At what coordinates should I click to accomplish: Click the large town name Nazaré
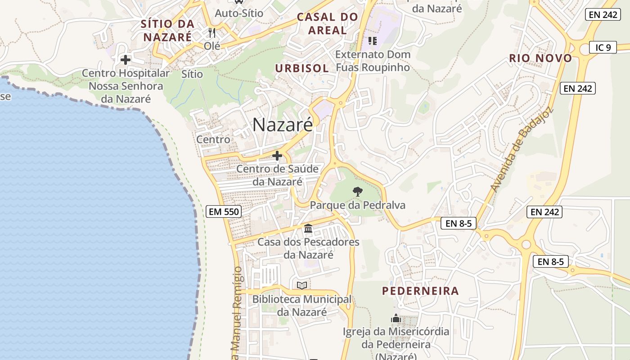point(282,125)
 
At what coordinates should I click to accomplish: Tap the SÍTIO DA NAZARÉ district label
point(167,30)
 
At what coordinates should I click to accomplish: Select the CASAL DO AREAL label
point(328,24)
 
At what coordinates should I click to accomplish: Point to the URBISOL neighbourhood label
point(302,68)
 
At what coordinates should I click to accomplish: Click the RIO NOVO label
point(540,58)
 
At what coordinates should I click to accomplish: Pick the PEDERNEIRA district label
point(420,291)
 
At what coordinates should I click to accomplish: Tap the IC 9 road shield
point(603,47)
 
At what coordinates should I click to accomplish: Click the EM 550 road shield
point(224,211)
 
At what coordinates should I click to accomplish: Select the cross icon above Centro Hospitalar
point(125,59)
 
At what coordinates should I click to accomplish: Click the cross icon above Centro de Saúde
point(277,156)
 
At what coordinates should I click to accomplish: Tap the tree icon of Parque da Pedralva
point(357,192)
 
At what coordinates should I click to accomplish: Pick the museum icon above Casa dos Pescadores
point(308,229)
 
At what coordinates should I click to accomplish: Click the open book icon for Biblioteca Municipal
point(301,285)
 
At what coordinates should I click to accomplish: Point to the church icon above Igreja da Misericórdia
point(396,318)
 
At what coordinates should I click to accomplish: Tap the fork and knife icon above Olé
point(212,32)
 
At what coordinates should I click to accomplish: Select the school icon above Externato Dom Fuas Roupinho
point(372,41)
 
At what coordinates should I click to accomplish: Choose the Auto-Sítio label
point(239,13)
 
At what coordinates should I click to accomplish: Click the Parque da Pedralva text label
point(358,205)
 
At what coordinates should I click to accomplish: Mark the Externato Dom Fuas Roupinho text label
point(373,61)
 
